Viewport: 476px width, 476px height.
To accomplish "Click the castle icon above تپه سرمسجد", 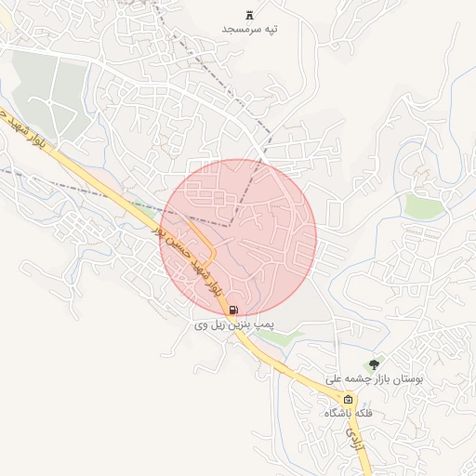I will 249,15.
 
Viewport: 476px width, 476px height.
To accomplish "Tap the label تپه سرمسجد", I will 249,30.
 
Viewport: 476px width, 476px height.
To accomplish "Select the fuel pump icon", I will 231,310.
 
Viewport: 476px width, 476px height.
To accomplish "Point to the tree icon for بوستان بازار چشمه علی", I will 374,364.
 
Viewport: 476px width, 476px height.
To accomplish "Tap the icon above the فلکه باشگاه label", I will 349,398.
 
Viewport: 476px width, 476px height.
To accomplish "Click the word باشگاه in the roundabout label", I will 338,412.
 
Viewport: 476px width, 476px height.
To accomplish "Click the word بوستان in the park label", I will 408,379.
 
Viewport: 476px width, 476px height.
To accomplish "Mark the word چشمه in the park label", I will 358,379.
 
